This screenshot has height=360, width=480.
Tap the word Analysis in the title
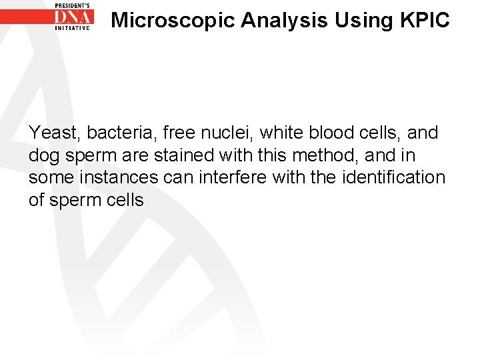(285, 21)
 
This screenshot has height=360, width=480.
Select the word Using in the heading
(365, 21)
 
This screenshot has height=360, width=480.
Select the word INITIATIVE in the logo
(73, 29)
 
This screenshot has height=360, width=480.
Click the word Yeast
(51, 133)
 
